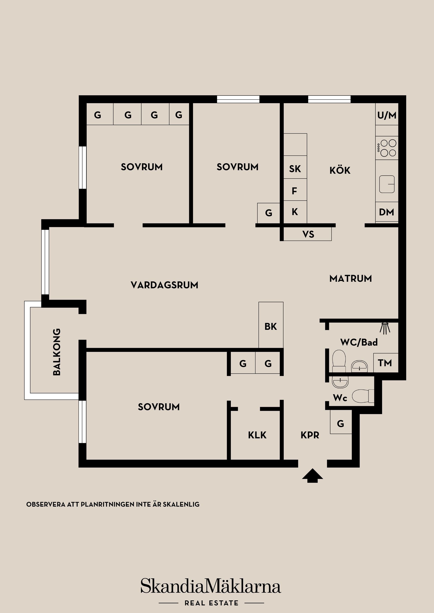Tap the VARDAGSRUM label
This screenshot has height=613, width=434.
165,285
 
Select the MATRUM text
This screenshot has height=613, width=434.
350,279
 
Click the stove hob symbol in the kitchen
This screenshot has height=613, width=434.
387,148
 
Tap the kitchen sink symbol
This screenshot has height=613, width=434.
387,184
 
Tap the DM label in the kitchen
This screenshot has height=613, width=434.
386,212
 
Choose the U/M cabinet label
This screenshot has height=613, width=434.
387,115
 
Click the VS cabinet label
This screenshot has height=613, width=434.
308,235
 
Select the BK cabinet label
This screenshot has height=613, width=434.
271,326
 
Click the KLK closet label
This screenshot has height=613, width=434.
257,435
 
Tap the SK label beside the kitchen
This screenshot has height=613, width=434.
295,169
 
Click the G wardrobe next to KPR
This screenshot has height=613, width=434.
340,423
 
